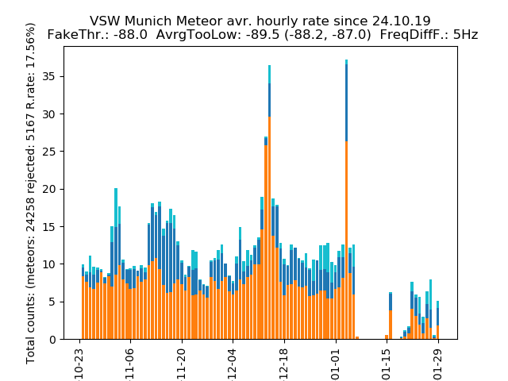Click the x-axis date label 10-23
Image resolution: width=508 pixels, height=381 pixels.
coord(80,360)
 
